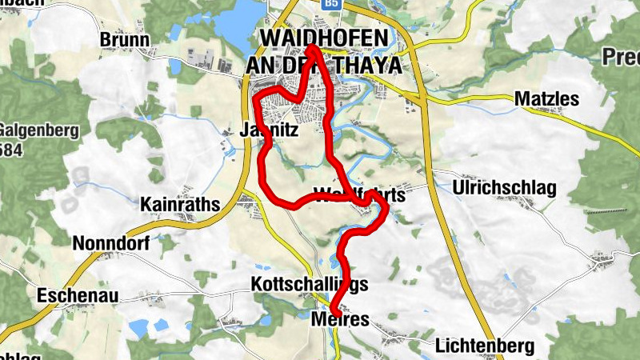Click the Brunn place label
[125, 39]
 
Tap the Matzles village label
[546, 98]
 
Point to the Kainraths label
[180, 205]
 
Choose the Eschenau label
[78, 296]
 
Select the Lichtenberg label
[485, 346]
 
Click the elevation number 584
[10, 150]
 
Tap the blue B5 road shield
[331, 5]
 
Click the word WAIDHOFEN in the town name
[325, 38]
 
